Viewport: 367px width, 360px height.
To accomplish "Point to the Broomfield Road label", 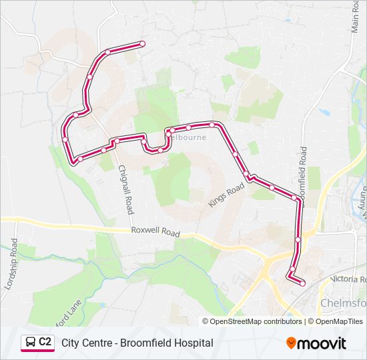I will pos(302,170).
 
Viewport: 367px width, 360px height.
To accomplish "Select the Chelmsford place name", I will pos(343,303).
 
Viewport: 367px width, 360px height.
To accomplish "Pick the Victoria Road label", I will pos(348,279).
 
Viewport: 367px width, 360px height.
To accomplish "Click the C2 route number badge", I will pos(45,342).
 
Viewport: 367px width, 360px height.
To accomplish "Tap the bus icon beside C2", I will pos(31,342).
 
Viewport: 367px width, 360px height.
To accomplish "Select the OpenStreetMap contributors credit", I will pos(256,321).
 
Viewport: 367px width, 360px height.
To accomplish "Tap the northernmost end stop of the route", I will pos(142,44).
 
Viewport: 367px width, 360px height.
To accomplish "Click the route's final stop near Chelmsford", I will pos(302,283).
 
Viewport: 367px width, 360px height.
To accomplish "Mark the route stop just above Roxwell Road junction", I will pos(298,239).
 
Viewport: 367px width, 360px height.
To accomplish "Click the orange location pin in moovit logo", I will pos(291,343).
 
